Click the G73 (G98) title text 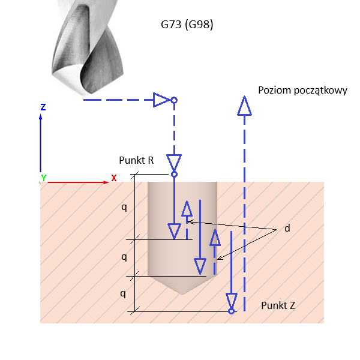click(x=187, y=25)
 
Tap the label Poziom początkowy click(x=302, y=90)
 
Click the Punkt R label click(x=137, y=160)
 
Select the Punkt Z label click(x=278, y=305)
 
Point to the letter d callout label click(x=287, y=228)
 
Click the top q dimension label click(x=124, y=208)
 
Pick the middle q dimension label click(x=124, y=257)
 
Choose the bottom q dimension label click(x=124, y=294)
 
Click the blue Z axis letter click(x=43, y=107)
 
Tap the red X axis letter click(x=114, y=178)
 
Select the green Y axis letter click(x=43, y=178)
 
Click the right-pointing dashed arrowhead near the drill click(x=161, y=100)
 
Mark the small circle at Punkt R click(x=175, y=175)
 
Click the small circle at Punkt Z click(x=231, y=311)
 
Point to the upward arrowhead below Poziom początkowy click(x=244, y=106)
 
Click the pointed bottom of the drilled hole click(x=182, y=294)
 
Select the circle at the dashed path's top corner click(x=174, y=100)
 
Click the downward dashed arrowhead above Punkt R click(x=175, y=163)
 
